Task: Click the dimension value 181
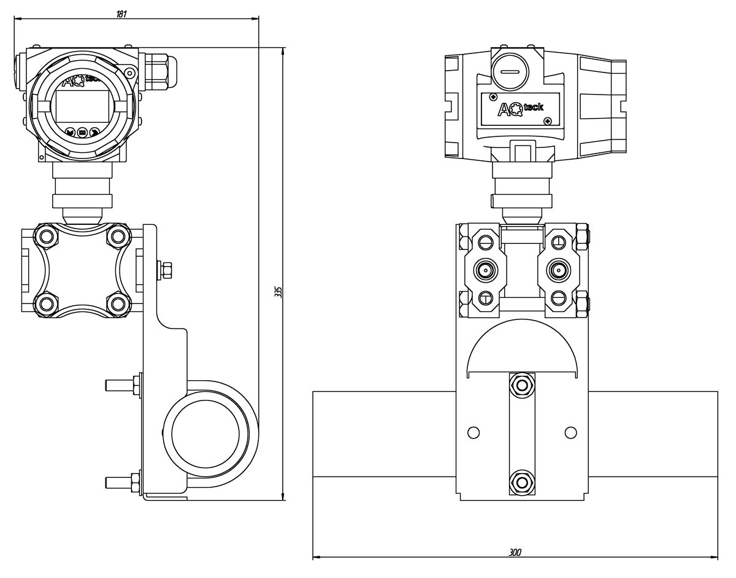coord(121,14)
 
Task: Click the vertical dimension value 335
coord(278,292)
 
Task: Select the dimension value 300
coord(515,553)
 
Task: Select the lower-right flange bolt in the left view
coord(117,303)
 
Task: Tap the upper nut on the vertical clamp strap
coord(522,385)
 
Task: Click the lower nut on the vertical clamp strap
coord(522,482)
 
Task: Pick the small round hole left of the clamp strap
coord(473,432)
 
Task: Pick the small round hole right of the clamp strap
coord(570,432)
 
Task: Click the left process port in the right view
coord(486,269)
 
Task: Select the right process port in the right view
coord(558,269)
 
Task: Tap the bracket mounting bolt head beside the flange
coord(166,269)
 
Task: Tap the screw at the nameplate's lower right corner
coord(548,120)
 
